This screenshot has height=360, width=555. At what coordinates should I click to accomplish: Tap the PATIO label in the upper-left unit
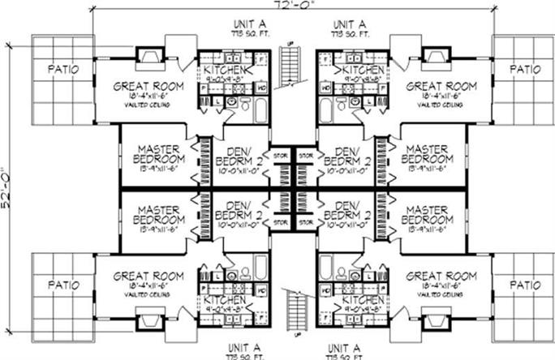(x=63, y=69)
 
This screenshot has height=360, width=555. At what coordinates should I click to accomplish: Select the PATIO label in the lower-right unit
(x=525, y=285)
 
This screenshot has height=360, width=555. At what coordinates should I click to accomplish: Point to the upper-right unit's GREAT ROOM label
(x=441, y=86)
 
